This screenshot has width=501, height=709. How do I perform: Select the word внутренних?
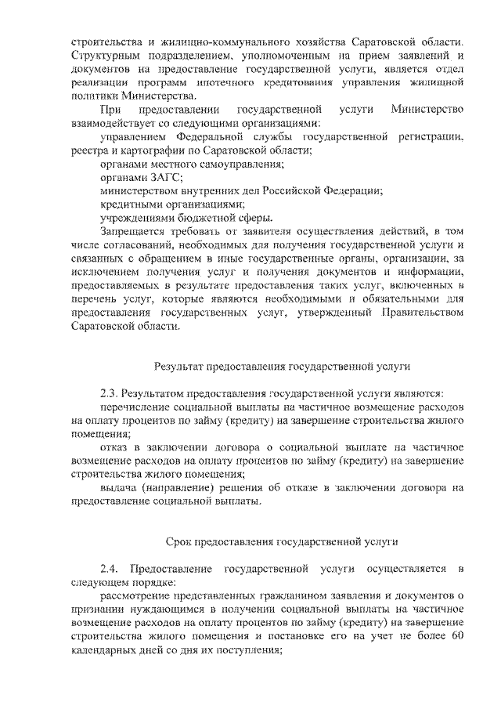pyautogui.click(x=211, y=190)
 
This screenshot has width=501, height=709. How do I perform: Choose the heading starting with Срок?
pyautogui.click(x=283, y=541)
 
